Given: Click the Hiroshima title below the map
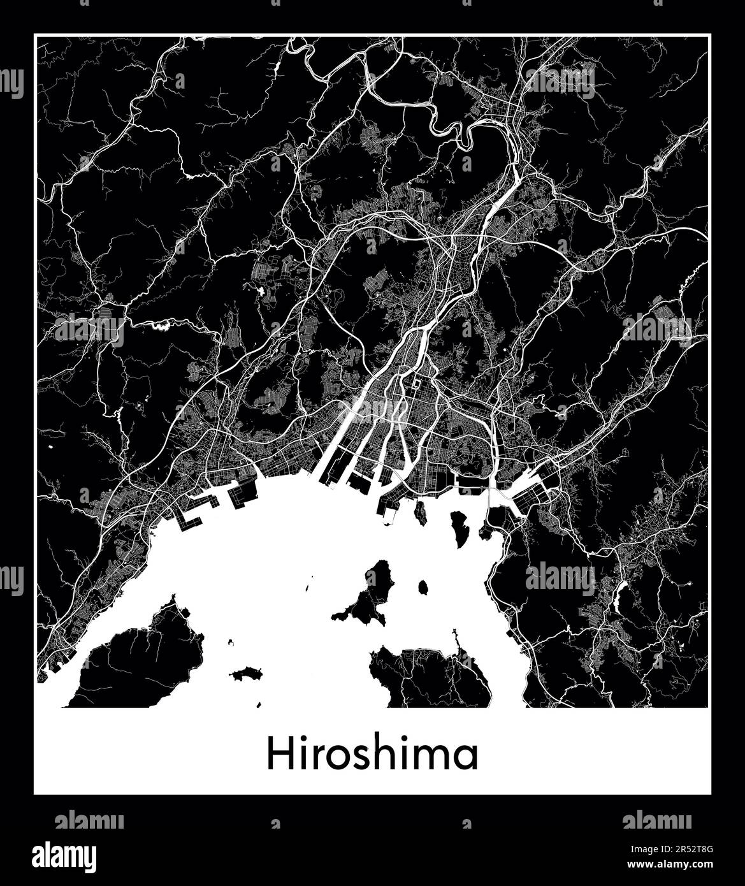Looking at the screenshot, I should tap(372, 755).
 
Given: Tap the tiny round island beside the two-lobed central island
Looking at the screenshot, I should tap(423, 586).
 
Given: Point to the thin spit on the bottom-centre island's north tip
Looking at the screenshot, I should tap(456, 637).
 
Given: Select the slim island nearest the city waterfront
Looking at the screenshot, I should tap(421, 512).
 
